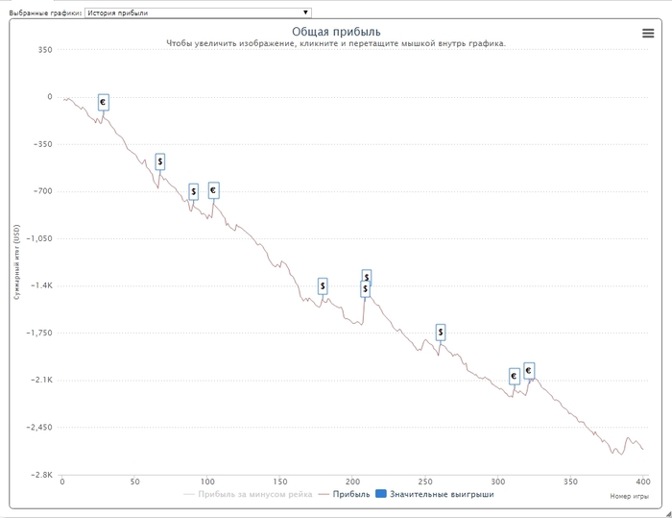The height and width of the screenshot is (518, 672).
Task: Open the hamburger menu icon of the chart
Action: (648, 33)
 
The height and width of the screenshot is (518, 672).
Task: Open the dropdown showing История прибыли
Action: (198, 12)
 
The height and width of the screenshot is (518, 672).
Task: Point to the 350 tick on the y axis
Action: (44, 49)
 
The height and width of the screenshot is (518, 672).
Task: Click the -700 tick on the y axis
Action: (41, 191)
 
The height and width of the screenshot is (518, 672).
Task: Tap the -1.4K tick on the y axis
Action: (41, 285)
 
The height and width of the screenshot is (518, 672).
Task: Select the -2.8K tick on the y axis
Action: (41, 475)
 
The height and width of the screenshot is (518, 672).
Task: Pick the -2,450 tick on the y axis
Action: (40, 428)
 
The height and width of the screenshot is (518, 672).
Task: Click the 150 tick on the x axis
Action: (279, 482)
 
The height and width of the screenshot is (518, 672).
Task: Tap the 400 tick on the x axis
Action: (642, 482)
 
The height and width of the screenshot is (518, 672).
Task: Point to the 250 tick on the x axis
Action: (424, 482)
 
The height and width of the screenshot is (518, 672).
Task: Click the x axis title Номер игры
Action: (629, 496)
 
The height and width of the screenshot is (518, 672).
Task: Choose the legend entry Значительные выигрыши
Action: (442, 495)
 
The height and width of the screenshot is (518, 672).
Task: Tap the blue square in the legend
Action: (381, 495)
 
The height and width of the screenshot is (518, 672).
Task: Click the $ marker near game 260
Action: (441, 333)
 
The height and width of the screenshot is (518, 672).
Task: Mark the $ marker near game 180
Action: (323, 285)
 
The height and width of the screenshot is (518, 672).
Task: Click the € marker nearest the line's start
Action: (104, 102)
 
